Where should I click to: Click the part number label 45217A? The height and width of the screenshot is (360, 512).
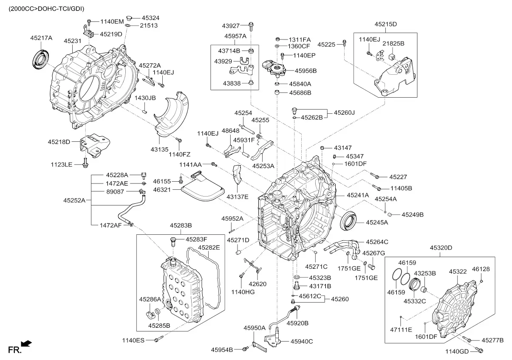coord(41,38)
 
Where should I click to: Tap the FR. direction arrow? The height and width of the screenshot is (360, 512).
coord(26,343)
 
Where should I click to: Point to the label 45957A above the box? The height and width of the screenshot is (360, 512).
coord(235,36)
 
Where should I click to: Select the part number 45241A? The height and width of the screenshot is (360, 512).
coord(358,195)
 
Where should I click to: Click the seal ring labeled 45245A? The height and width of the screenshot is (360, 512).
coord(348,221)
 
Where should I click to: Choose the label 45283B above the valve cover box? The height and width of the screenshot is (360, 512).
coord(181,225)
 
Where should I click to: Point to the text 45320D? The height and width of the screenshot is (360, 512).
coord(441,247)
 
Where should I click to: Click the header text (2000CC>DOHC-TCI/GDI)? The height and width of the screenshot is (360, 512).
coord(46,9)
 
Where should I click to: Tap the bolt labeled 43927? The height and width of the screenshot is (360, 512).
coord(251,26)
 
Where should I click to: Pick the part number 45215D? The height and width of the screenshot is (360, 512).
coord(386,24)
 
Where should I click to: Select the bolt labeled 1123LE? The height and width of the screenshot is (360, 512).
coord(85,163)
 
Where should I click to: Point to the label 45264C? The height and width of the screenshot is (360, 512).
coord(377,242)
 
